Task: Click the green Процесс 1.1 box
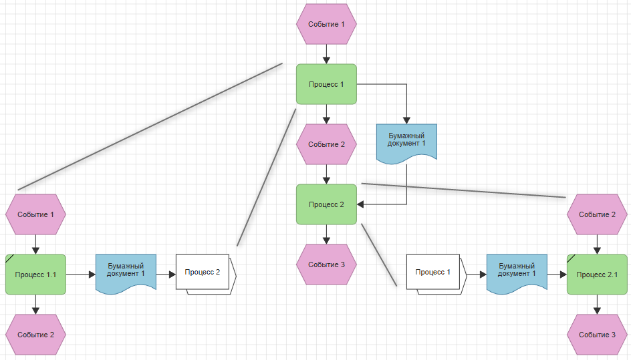pyautogui.click(x=35, y=275)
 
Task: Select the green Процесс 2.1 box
pyautogui.click(x=597, y=275)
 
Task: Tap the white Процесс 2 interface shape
pyautogui.click(x=206, y=275)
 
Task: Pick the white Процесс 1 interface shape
pyautogui.click(x=436, y=275)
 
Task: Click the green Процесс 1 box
pyautogui.click(x=326, y=84)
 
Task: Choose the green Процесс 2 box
pyautogui.click(x=326, y=204)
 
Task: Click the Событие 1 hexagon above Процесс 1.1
pyautogui.click(x=35, y=214)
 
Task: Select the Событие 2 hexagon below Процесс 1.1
pyautogui.click(x=35, y=335)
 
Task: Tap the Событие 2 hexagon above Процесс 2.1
pyautogui.click(x=597, y=214)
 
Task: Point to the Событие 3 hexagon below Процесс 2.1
pyautogui.click(x=597, y=335)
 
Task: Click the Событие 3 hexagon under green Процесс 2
pyautogui.click(x=326, y=264)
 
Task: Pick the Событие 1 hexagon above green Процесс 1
pyautogui.click(x=326, y=24)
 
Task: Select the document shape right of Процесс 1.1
pyautogui.click(x=126, y=274)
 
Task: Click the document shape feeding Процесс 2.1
pyautogui.click(x=517, y=274)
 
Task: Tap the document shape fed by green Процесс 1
pyautogui.click(x=406, y=144)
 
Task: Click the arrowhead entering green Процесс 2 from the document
pyautogui.click(x=360, y=204)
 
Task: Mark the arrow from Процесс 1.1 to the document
pyautogui.click(x=80, y=275)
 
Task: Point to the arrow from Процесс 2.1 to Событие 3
pyautogui.click(x=597, y=305)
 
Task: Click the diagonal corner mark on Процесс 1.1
pyautogui.click(x=9, y=258)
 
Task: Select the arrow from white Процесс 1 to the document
pyautogui.click(x=477, y=275)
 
